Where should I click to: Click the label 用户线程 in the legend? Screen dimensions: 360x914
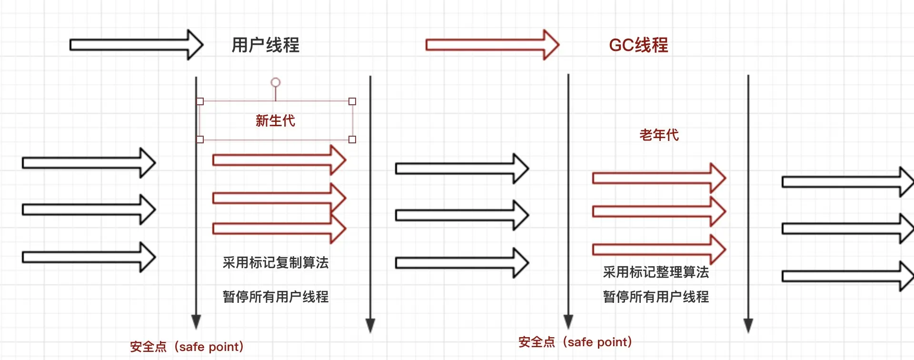point(265,45)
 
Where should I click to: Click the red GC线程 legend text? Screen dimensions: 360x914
point(638,45)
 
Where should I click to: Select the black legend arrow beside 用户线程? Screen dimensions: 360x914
point(136,45)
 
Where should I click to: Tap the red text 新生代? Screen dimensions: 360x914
point(275,120)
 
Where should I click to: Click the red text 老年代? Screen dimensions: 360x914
point(659,135)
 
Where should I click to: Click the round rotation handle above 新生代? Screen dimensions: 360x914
point(275,82)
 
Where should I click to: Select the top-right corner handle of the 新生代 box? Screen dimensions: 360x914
point(352,101)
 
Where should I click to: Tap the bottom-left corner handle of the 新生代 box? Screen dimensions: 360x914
point(200,140)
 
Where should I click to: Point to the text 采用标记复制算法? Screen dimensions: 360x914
point(275,262)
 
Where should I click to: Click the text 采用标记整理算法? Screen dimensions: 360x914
point(656,272)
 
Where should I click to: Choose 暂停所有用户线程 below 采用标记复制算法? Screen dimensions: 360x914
point(275,297)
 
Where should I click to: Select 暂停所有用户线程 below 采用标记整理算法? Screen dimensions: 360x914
point(656,297)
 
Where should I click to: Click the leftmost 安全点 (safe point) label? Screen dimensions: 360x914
point(187,347)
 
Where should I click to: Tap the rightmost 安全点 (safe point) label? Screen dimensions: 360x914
point(575,342)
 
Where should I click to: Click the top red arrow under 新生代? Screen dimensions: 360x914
point(278,160)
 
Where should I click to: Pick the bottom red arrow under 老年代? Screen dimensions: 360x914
point(658,249)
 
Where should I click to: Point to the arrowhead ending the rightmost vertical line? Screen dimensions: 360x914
point(748,325)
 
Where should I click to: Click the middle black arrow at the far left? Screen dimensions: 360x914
point(89,210)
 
